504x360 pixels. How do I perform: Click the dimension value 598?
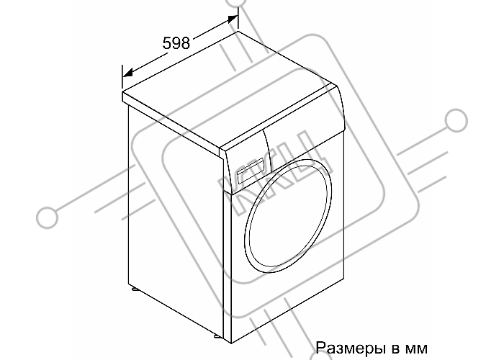click(x=176, y=42)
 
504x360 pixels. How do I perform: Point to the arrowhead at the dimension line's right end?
click(x=233, y=19)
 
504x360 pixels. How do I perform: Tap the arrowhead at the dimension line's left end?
click(x=127, y=73)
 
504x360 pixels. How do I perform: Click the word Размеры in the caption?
click(x=351, y=348)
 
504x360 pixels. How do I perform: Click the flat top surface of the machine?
click(x=230, y=88)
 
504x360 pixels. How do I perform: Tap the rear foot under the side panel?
click(x=135, y=289)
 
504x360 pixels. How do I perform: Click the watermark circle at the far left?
click(x=48, y=217)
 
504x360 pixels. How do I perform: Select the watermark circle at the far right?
click(x=456, y=120)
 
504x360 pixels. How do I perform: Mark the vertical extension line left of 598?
click(x=122, y=76)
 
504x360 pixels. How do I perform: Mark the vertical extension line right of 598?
click(x=238, y=18)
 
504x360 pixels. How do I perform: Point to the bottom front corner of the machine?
click(x=231, y=343)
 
